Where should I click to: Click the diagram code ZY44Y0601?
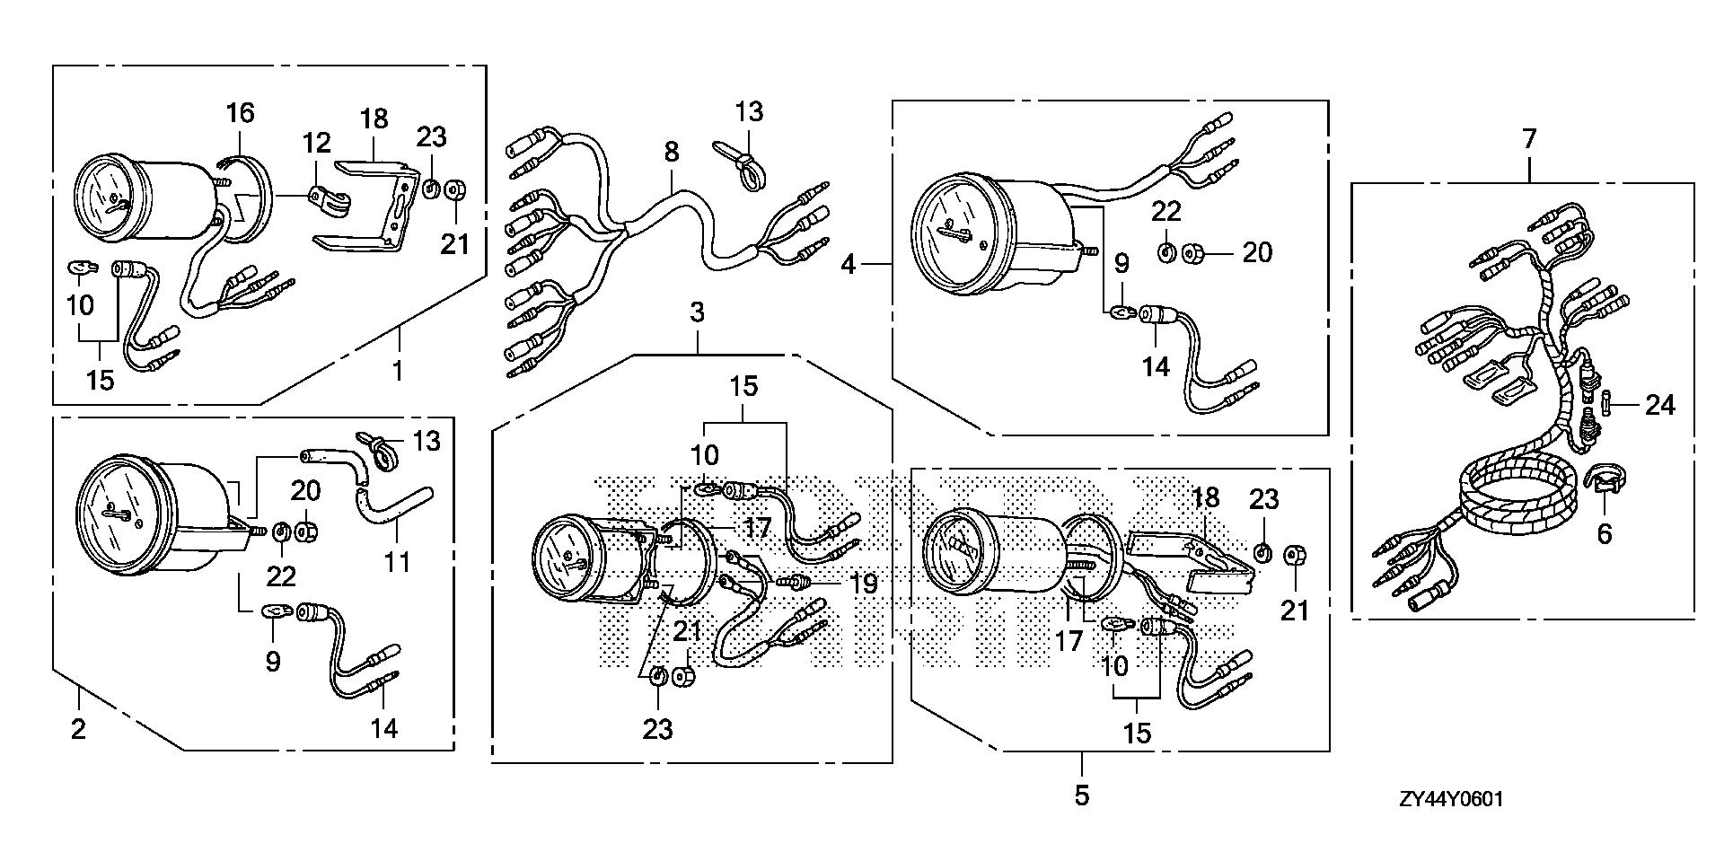pyautogui.click(x=1450, y=800)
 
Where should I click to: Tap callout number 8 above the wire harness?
pyautogui.click(x=672, y=152)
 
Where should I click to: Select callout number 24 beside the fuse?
pyautogui.click(x=1659, y=405)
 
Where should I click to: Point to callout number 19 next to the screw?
pyautogui.click(x=864, y=584)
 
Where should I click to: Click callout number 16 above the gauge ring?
pyautogui.click(x=240, y=113)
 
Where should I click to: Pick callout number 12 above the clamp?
pyautogui.click(x=316, y=143)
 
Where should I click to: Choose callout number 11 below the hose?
pyautogui.click(x=397, y=563)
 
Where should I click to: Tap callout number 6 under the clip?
pyautogui.click(x=1605, y=533)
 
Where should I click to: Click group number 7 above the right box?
pyautogui.click(x=1529, y=139)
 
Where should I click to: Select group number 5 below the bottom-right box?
pyautogui.click(x=1082, y=795)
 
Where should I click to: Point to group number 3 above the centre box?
pyautogui.click(x=697, y=313)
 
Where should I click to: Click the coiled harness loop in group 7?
pyautogui.click(x=1517, y=498)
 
